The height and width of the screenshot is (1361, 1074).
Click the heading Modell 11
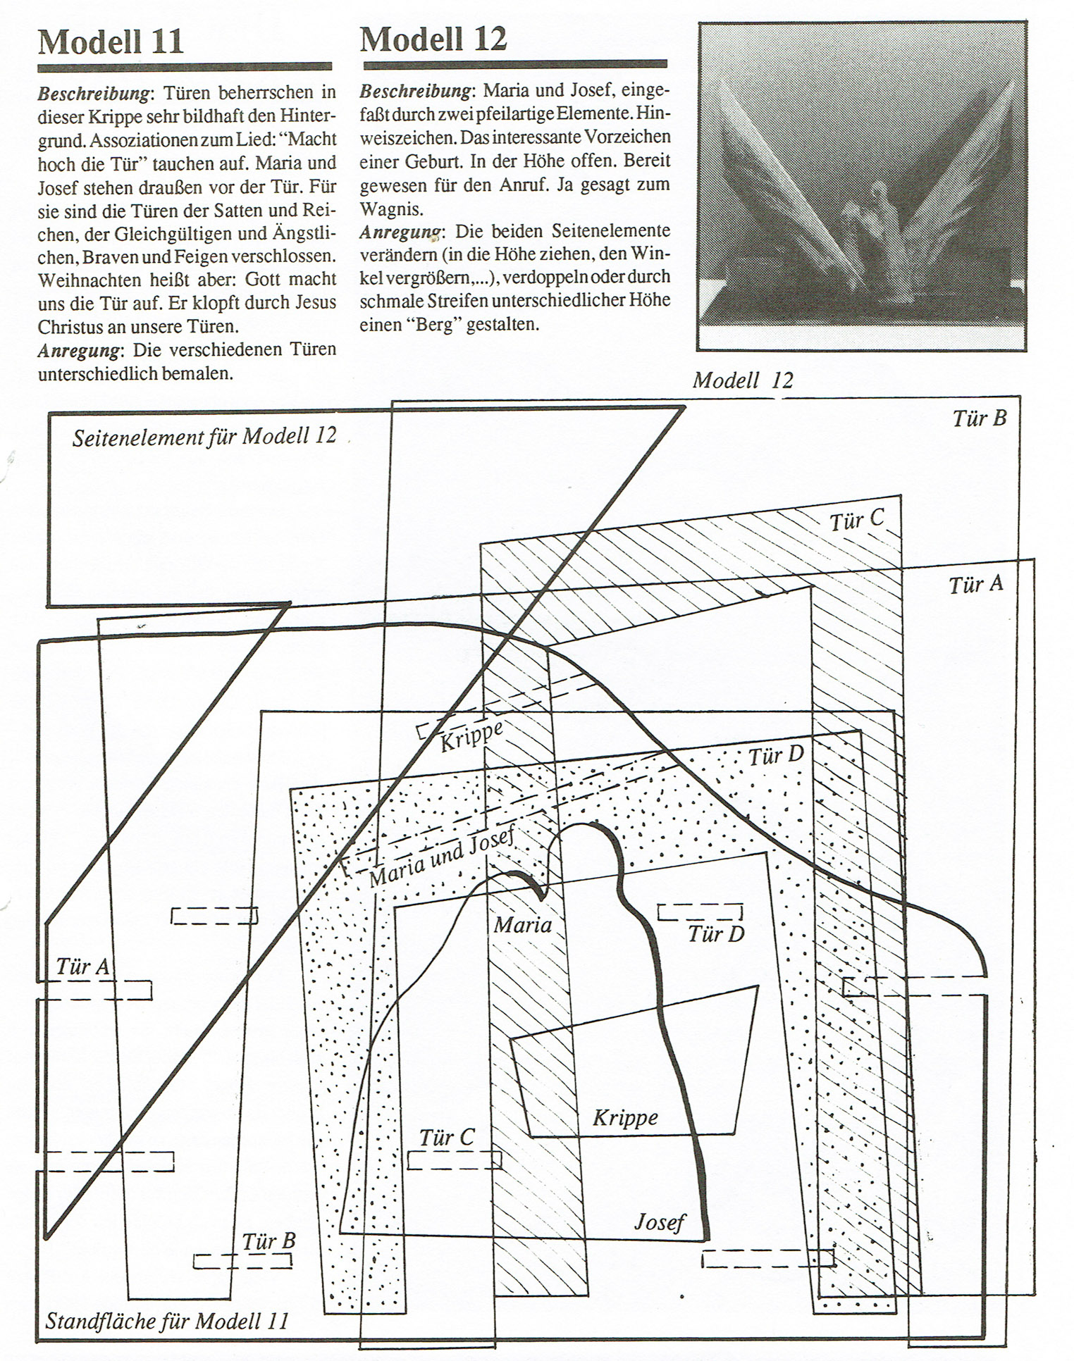[111, 42]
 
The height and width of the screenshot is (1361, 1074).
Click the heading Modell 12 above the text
[433, 39]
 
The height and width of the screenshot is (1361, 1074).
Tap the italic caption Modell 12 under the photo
[742, 381]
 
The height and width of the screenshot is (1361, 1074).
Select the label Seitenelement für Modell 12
[204, 437]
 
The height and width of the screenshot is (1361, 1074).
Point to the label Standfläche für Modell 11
[167, 1320]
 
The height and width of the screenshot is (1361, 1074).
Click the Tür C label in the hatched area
[856, 521]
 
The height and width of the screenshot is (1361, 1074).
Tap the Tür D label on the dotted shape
[775, 757]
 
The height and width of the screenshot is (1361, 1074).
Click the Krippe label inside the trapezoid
[625, 1117]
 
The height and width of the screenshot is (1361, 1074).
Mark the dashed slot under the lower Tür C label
[454, 1160]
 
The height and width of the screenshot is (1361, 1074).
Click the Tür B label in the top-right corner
[979, 418]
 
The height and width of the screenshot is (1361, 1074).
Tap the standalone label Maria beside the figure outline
[522, 924]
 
